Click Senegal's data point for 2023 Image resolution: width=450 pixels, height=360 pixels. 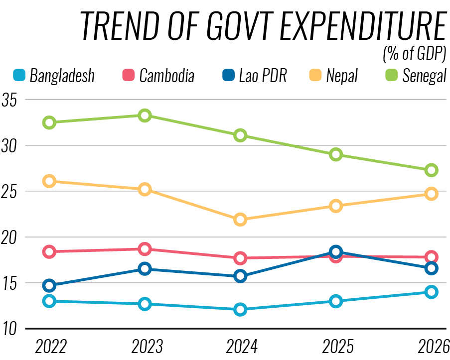145,116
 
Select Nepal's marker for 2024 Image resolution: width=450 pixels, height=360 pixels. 240,220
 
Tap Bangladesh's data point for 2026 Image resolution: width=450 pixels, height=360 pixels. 432,292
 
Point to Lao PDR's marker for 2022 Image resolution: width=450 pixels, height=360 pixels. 49,285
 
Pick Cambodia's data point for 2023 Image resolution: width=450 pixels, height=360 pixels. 145,249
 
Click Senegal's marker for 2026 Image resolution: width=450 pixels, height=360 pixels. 432,170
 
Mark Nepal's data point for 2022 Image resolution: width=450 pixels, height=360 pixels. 49,181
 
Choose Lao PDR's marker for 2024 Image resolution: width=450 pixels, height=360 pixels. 240,276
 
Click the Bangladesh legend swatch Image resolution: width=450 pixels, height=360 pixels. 18,76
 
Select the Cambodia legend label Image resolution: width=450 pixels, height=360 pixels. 167,76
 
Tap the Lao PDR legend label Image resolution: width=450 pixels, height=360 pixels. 263,76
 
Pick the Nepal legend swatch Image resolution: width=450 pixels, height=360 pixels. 315,76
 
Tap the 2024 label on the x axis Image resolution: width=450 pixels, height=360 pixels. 240,346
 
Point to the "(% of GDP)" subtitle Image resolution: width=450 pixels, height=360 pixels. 414,52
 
